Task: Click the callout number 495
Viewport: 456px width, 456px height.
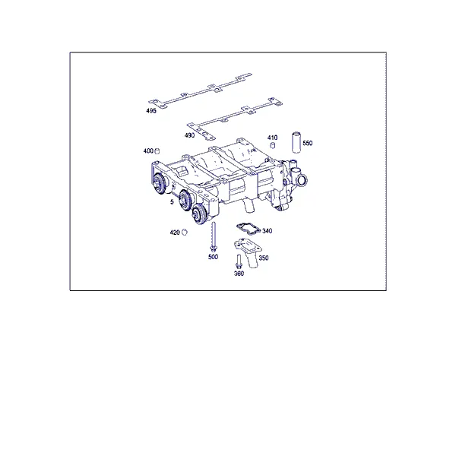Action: click(x=151, y=110)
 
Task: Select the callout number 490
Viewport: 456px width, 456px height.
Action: click(x=189, y=135)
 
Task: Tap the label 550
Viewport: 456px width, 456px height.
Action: click(x=307, y=143)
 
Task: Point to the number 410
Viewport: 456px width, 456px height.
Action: click(x=273, y=138)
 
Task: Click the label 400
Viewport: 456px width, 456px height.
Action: click(x=148, y=151)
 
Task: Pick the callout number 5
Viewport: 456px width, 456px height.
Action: click(x=172, y=201)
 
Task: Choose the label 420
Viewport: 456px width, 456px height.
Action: click(x=175, y=233)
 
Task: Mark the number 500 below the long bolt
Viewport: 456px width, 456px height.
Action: click(x=213, y=257)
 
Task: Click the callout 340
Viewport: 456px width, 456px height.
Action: click(x=268, y=231)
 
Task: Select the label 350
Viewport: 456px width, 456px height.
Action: click(x=264, y=258)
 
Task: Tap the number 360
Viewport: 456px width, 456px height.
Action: click(x=239, y=274)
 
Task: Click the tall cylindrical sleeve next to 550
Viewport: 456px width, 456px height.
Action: click(x=296, y=143)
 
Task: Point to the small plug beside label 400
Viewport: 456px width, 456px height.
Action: click(x=157, y=151)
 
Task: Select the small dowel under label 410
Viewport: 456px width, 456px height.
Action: click(x=273, y=145)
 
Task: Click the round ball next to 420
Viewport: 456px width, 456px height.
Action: click(x=184, y=233)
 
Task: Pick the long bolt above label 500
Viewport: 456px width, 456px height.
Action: click(x=214, y=236)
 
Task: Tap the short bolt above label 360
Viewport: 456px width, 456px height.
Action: click(x=239, y=261)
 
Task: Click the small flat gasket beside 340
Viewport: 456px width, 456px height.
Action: click(x=248, y=228)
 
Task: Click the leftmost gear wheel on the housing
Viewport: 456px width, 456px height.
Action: click(x=160, y=184)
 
